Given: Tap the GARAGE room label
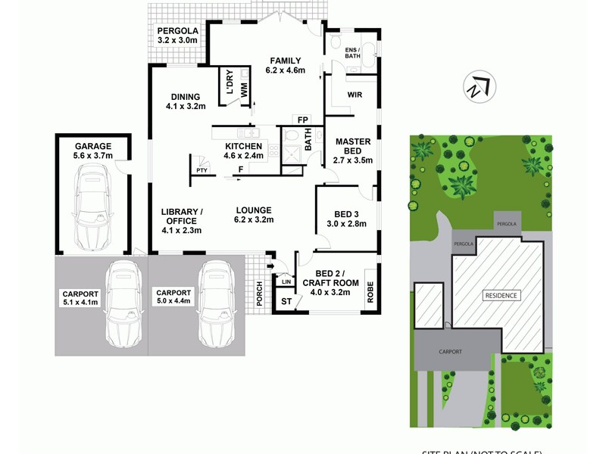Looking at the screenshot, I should pos(93,146).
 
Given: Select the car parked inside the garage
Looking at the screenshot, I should pos(93,208).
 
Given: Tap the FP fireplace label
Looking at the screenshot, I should pos(302,120).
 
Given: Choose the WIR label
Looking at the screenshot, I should pos(355,95).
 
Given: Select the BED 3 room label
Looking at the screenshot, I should pos(346,214).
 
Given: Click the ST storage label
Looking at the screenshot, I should pos(286,302).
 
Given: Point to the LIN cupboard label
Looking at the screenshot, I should pos(286,281).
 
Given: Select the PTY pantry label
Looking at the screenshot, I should pos(201,171).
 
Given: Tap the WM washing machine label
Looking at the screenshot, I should pos(244,89).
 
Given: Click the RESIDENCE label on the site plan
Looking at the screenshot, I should pos(501,295).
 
